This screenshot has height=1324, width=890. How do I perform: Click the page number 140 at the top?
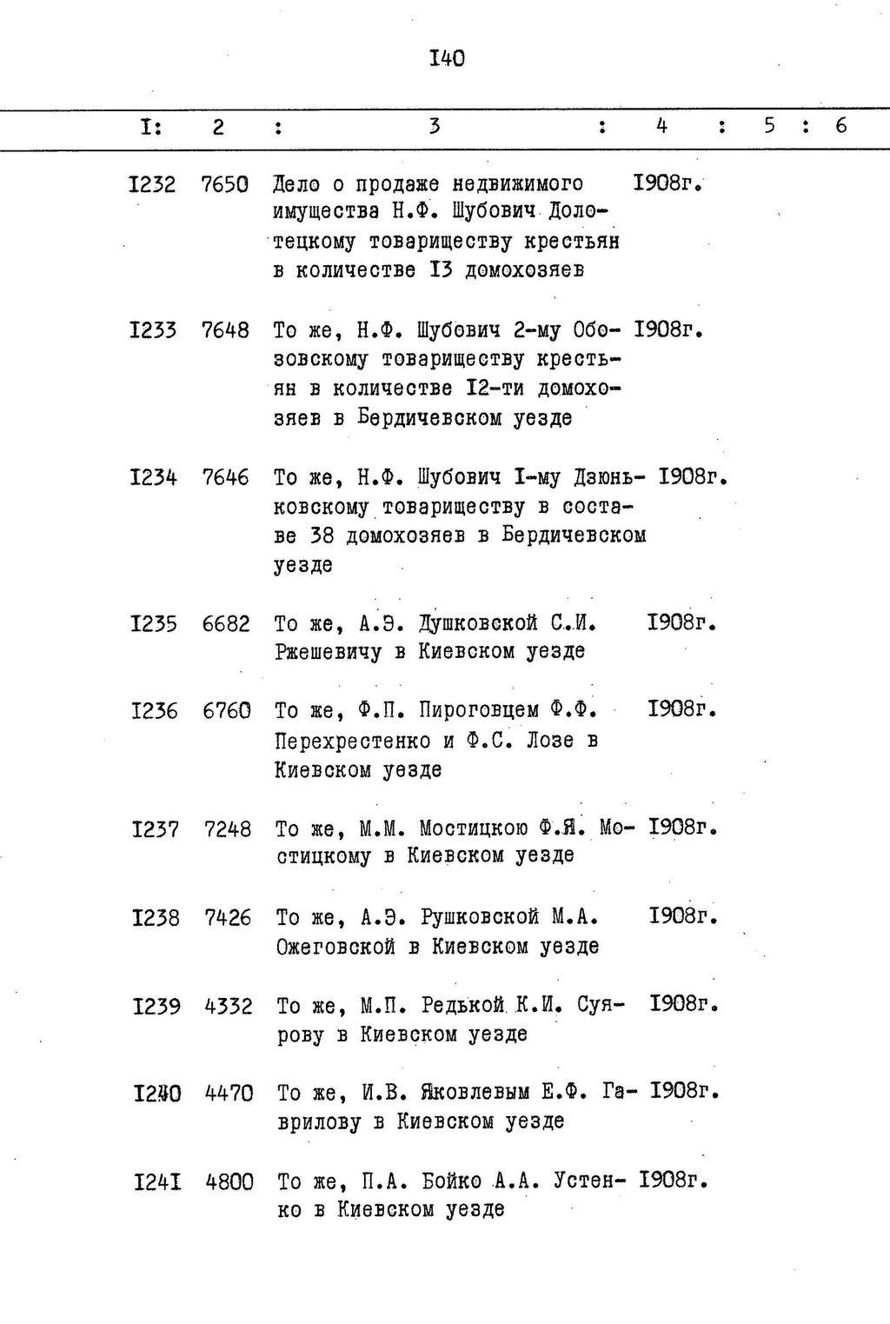447,58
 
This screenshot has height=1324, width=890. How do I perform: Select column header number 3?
434,126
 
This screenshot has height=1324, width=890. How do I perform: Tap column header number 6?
840,126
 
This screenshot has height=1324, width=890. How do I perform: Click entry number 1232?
151,184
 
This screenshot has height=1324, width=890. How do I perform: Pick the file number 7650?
224,184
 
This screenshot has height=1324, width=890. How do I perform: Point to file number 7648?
225,330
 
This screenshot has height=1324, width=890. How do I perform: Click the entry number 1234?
153,477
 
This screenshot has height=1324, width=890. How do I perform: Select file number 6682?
226,623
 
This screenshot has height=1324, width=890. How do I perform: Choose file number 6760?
227,710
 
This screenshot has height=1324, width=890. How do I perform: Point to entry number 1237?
155,829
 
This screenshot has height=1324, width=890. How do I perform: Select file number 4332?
229,1006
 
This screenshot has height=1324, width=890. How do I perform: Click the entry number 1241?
157,1181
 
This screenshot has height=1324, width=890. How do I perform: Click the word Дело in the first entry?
296,184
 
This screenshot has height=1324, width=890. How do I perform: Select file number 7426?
228,917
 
